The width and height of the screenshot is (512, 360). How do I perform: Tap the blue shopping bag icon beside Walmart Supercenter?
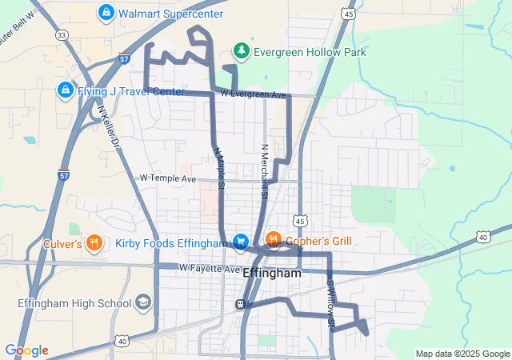click(105, 13)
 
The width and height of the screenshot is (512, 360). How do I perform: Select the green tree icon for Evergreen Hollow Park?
click(241, 52)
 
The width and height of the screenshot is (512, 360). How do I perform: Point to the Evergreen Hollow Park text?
click(309, 52)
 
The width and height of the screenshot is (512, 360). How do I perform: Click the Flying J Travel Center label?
click(130, 90)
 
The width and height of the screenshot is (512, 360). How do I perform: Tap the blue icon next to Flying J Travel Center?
click(65, 90)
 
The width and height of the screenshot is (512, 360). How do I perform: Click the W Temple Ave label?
click(167, 178)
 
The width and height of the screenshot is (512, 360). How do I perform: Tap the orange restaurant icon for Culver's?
click(94, 241)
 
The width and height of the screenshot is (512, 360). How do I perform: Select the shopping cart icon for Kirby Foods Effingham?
click(240, 241)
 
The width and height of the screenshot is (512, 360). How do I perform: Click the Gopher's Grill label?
click(319, 240)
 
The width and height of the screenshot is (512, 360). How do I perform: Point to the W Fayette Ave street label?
click(209, 268)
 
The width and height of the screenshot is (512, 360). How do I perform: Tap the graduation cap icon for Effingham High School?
click(143, 302)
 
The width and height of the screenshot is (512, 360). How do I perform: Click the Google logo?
click(26, 350)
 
